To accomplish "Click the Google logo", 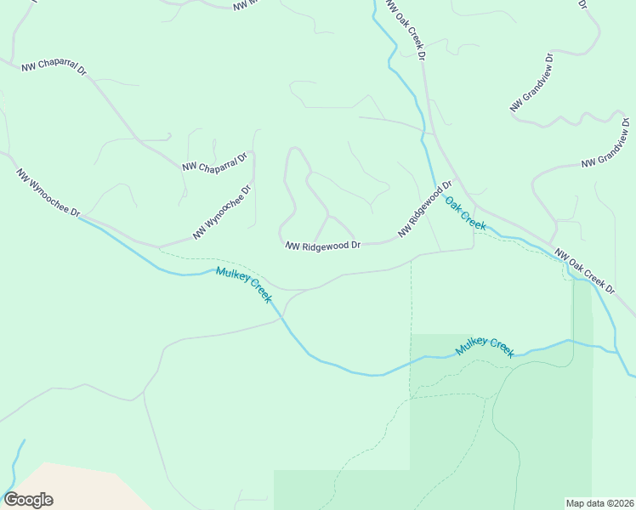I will coord(28,500).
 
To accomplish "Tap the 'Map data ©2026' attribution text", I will coord(599,502).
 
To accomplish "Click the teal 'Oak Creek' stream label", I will coord(466,213).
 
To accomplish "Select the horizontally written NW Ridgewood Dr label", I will coord(323,245).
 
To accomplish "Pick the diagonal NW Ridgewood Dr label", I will coord(424,209).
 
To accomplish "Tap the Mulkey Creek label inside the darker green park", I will coord(486,347).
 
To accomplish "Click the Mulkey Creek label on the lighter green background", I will coord(243,285).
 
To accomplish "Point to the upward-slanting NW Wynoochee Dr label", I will coord(222,212).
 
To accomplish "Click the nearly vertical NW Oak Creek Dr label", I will coord(405,30).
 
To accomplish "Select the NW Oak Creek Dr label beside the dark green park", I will coord(584,271).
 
